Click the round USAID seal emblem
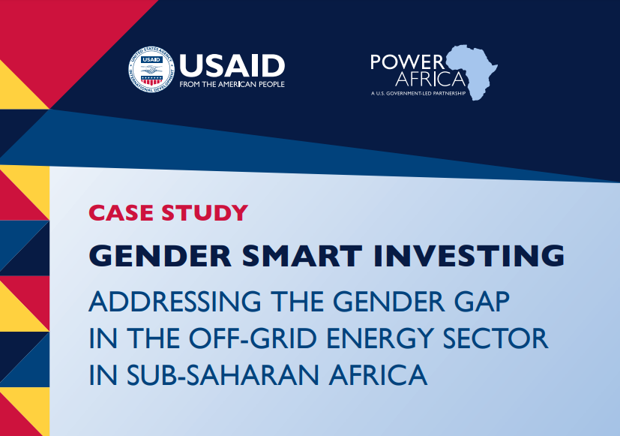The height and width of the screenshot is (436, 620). coord(151,70)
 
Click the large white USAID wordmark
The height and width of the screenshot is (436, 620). coord(232,66)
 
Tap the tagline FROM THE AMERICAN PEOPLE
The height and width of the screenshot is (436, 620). coord(232,84)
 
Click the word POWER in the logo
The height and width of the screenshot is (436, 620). coord(407,62)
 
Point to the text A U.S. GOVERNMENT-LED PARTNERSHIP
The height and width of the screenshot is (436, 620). coord(418,94)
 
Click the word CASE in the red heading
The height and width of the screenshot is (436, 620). coord(121,213)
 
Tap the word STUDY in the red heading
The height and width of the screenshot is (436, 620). coord(205,213)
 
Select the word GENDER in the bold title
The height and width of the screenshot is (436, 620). coord(160,256)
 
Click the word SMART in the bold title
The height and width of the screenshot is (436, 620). coord(302,256)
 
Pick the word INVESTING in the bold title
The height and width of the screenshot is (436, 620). coord(469,256)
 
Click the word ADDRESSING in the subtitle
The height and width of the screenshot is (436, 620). coord(175,302)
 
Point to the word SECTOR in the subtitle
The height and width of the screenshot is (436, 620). coord(496,338)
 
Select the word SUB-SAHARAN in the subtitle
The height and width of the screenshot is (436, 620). coord(223,374)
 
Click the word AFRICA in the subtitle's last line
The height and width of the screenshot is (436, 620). coord(378,374)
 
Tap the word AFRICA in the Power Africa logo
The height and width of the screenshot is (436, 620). coord(430,78)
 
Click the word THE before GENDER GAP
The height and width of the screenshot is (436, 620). coord(297,302)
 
